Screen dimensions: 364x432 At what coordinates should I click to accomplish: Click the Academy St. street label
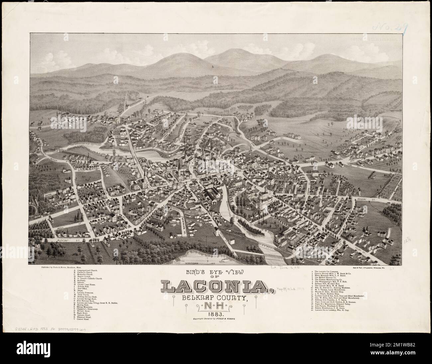pos(376,200)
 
